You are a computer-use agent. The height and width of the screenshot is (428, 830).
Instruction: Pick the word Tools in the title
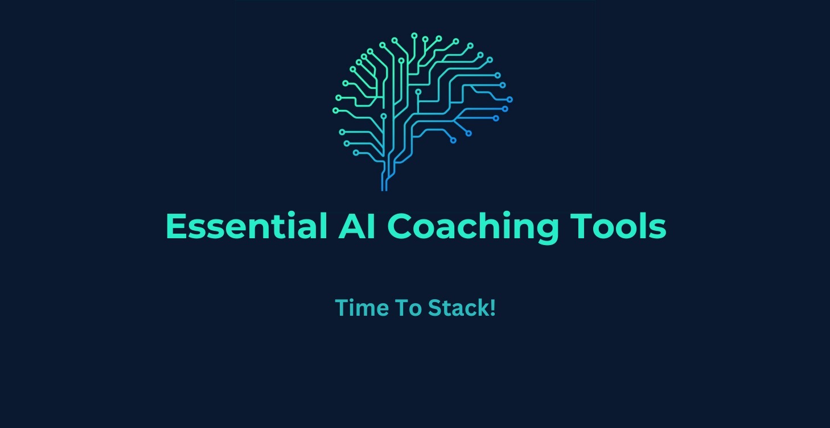pyautogui.click(x=618, y=226)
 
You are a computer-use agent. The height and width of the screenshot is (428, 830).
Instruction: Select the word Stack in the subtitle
pyautogui.click(x=457, y=308)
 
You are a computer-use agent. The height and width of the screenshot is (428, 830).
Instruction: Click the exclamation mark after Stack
pyautogui.click(x=492, y=308)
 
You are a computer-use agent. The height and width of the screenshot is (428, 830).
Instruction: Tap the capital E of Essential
pyautogui.click(x=176, y=226)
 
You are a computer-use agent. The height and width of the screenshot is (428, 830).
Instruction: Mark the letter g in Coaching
pyautogui.click(x=545, y=231)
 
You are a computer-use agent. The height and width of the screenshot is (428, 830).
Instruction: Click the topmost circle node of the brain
pyautogui.click(x=414, y=35)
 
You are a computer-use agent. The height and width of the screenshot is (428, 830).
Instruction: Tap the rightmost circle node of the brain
pyautogui.click(x=509, y=99)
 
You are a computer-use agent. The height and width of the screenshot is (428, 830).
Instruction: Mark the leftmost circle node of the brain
pyautogui.click(x=335, y=110)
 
